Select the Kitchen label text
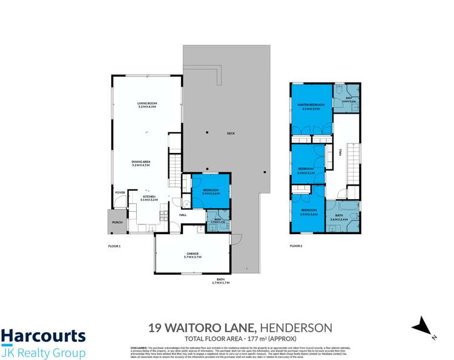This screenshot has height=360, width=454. (x=149, y=197)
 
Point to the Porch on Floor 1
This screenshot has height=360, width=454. (x=116, y=222)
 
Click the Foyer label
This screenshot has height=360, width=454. (x=119, y=193)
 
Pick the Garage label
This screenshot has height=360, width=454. (x=191, y=253)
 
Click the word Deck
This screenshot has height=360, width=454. (x=230, y=133)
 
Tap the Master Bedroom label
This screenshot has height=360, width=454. (x=311, y=105)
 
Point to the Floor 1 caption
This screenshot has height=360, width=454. (x=114, y=246)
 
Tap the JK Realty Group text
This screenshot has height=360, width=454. (x=43, y=353)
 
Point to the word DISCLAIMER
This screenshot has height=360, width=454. (x=139, y=348)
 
